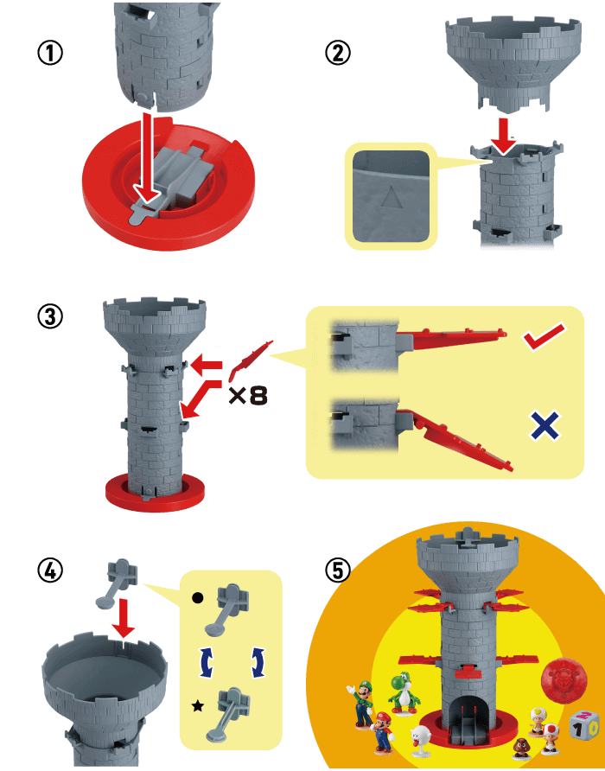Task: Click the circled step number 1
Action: click(50, 53)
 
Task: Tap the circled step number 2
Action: click(338, 53)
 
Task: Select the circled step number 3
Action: click(50, 316)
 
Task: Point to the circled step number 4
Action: click(50, 570)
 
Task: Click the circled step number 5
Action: click(338, 570)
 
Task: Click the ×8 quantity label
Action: click(248, 395)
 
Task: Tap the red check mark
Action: click(544, 336)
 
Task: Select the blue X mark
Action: click(545, 425)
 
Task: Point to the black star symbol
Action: click(198, 706)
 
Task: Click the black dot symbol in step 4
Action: click(197, 598)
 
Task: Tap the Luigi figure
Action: click(361, 703)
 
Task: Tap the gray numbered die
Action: click(585, 727)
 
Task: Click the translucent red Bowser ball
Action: click(564, 679)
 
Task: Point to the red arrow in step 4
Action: click(123, 619)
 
